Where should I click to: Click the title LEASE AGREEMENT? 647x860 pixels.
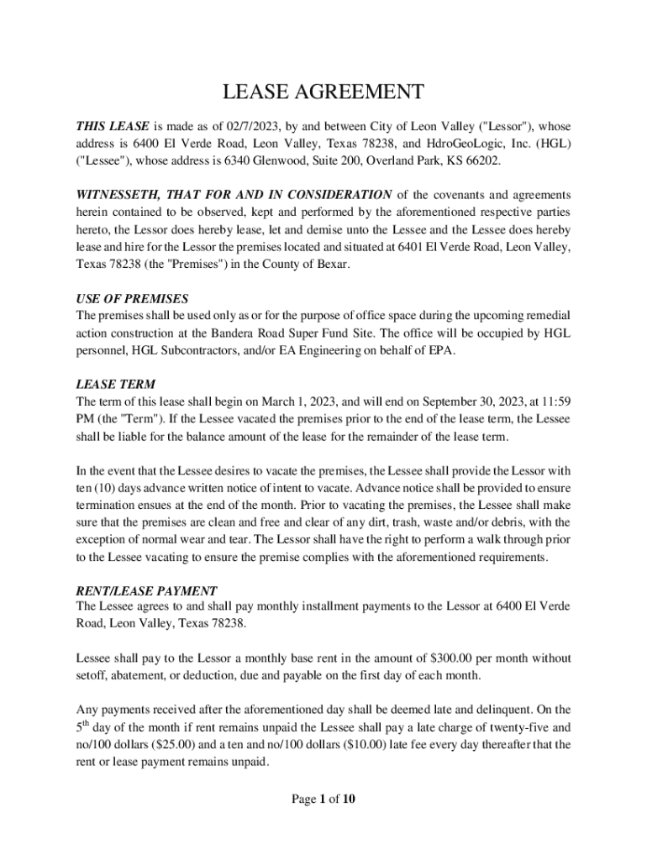(323, 92)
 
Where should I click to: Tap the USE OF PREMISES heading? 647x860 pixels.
(132, 299)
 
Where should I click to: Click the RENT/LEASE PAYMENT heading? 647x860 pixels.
(147, 590)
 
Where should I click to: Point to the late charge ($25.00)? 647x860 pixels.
(191, 745)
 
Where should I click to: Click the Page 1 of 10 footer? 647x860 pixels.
(323, 799)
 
